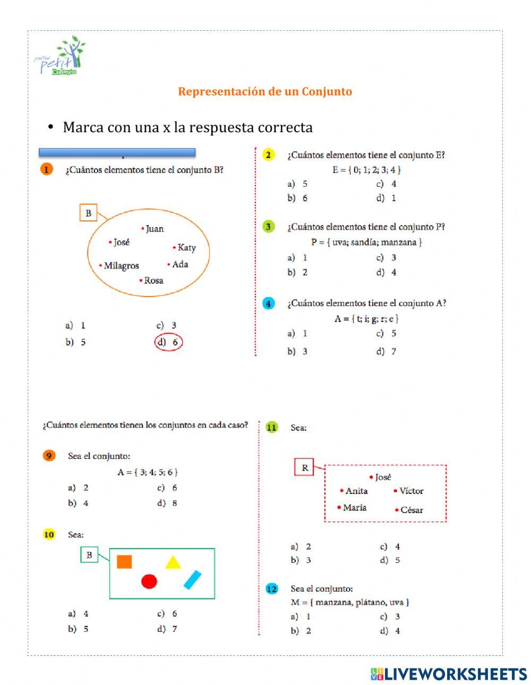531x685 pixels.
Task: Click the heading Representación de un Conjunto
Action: pos(265,91)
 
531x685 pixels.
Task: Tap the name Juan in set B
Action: pos(154,229)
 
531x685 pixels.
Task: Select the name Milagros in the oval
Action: pos(121,265)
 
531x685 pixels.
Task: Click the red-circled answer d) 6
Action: pos(169,342)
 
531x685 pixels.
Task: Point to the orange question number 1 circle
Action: pos(46,170)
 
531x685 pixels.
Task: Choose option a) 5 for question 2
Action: pos(297,184)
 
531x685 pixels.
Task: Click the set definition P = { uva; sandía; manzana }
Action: pos(366,242)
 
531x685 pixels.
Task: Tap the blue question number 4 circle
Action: pos(269,304)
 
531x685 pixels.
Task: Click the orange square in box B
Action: pos(124,561)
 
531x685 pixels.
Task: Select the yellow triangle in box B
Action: pos(173,562)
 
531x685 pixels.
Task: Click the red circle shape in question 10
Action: pos(149,582)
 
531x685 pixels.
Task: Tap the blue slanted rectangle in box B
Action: pos(192,579)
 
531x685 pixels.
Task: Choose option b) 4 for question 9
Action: pos(79,503)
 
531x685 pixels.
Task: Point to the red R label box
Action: pos(305,467)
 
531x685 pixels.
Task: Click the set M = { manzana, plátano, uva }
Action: pos(350,602)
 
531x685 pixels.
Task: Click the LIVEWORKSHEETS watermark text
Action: pos(456,674)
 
